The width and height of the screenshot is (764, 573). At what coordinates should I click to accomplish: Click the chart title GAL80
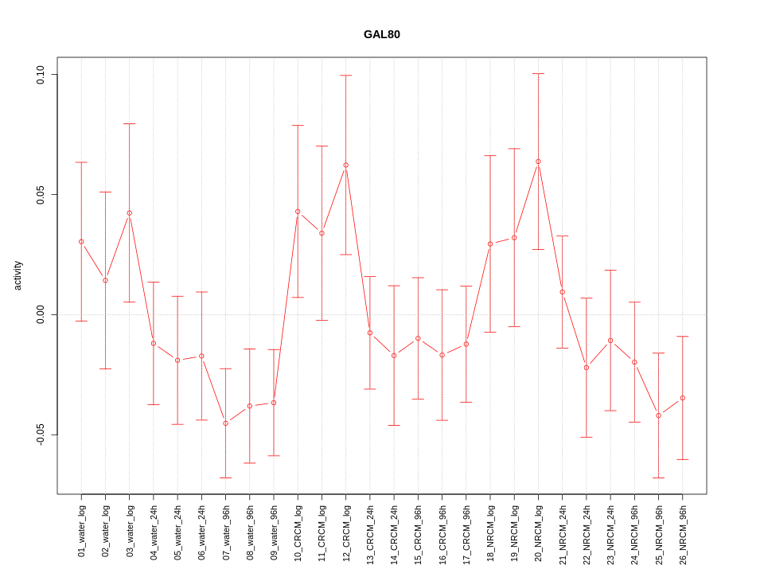[381, 34]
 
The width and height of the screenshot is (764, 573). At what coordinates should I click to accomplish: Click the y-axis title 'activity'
[18, 275]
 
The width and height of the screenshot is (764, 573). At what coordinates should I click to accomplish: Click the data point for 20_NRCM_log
[538, 162]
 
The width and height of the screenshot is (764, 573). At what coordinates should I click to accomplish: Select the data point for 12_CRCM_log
[345, 165]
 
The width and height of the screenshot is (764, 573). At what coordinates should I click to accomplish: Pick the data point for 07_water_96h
[225, 423]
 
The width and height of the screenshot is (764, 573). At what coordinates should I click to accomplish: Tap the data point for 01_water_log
[81, 241]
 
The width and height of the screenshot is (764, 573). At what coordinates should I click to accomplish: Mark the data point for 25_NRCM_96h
[658, 415]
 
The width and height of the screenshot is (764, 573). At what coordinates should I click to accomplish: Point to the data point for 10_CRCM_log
[298, 212]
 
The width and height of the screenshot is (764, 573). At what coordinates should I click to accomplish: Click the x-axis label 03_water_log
[130, 530]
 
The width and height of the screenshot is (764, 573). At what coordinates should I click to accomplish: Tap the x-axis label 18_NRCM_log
[490, 530]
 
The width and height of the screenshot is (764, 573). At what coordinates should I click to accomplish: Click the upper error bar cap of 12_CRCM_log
[345, 76]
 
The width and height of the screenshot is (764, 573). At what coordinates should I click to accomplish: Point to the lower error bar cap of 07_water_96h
[225, 477]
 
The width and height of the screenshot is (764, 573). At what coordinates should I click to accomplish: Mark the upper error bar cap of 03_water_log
[129, 124]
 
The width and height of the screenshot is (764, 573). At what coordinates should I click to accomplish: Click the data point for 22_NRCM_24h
[587, 367]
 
